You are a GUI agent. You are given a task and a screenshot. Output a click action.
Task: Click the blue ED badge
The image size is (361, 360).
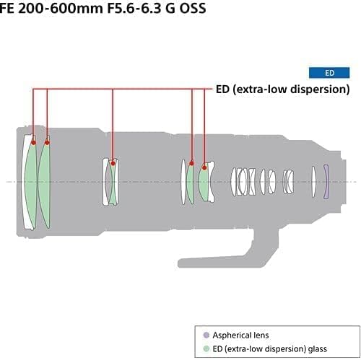click(x=329, y=73)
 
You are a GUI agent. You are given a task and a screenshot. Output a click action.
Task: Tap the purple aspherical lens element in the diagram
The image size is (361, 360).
click(x=326, y=180)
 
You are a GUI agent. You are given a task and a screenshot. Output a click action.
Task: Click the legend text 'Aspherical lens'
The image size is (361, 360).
click(x=238, y=335)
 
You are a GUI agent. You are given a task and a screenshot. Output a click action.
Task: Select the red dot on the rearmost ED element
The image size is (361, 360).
click(x=205, y=167)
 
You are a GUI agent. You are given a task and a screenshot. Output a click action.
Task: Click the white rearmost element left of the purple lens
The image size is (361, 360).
click(x=314, y=180)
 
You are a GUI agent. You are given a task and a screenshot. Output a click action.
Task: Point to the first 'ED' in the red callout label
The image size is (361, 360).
click(x=223, y=89)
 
